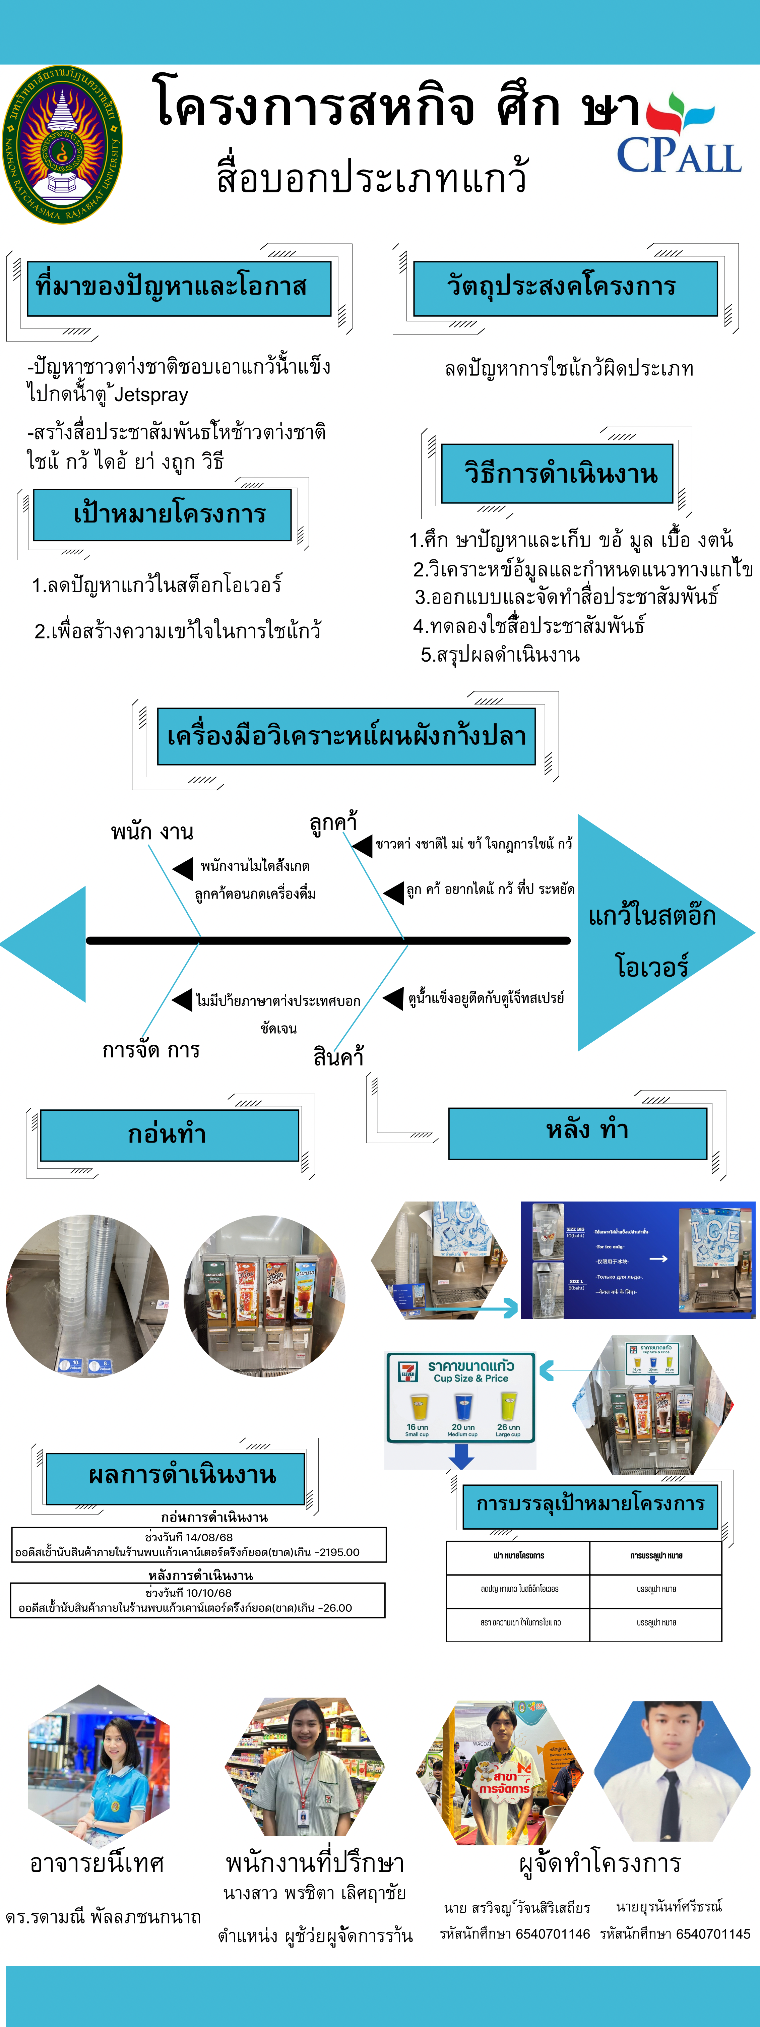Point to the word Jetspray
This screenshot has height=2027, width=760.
tap(152, 395)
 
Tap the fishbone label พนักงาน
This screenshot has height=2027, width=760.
tap(152, 832)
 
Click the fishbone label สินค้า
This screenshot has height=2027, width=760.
tap(338, 1057)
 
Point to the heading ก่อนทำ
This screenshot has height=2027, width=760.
tap(168, 1134)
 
